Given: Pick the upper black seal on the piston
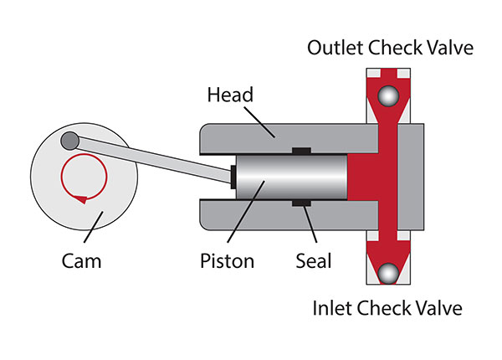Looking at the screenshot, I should [x=300, y=152].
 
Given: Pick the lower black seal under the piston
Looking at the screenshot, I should [x=300, y=204].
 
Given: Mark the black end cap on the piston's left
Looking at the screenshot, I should [x=233, y=177].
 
